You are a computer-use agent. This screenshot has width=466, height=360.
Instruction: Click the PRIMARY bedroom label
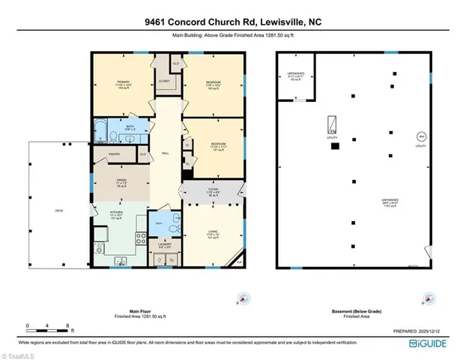pyautogui.click(x=124, y=82)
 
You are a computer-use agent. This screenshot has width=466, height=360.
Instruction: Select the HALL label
pyautogui.click(x=165, y=154)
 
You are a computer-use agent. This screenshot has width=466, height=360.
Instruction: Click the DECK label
pyautogui.click(x=58, y=211)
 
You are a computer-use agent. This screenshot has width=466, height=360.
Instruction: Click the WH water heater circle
pyautogui.click(x=420, y=136)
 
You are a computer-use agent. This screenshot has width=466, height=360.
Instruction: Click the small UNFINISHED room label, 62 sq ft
pyautogui.click(x=296, y=76)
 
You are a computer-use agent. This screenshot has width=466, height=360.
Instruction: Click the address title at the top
pyautogui.click(x=233, y=22)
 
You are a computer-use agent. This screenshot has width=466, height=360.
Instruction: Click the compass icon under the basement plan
pyautogui.click(x=429, y=299)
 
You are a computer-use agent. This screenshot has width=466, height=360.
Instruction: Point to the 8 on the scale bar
pyautogui.click(x=68, y=326)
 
